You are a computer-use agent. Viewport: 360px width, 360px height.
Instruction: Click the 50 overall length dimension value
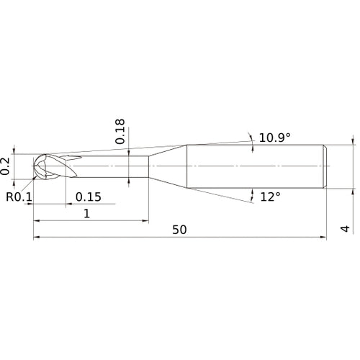pyautogui.click(x=179, y=230)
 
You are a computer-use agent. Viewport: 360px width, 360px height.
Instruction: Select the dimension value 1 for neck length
pyautogui.click(x=87, y=213)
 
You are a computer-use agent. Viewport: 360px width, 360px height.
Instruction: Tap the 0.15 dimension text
pyautogui.click(x=89, y=197)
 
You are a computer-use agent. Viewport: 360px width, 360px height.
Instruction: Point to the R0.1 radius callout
pyautogui.click(x=19, y=197)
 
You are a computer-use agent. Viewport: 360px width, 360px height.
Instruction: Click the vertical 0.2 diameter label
pyautogui.click(x=5, y=166)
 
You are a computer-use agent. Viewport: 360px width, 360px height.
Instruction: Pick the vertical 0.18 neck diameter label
pyautogui.click(x=120, y=132)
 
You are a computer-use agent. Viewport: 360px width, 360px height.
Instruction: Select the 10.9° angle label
pyautogui.click(x=275, y=138)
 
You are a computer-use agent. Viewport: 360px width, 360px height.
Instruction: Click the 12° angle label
pyautogui.click(x=271, y=197)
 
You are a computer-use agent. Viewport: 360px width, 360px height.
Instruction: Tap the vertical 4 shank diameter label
pyautogui.click(x=345, y=229)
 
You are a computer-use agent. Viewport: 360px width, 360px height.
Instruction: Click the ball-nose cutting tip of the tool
pyautogui.click(x=40, y=166)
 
